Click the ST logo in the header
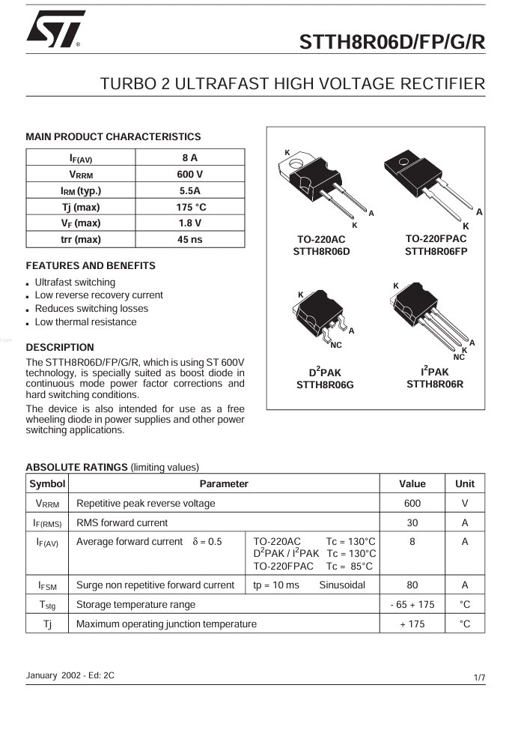tap(54, 29)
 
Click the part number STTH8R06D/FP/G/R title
tap(392, 43)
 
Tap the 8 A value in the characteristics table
tap(189, 158)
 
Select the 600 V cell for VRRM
tap(189, 174)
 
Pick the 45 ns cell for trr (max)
tap(189, 240)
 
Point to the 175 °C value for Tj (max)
tap(189, 207)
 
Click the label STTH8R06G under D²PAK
tap(325, 385)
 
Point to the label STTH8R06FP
tap(436, 251)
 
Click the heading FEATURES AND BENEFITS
tap(91, 266)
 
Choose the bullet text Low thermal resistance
tap(85, 322)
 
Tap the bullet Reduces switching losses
tap(91, 309)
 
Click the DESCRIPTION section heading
tap(60, 348)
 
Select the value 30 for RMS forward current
tap(412, 522)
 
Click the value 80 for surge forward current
tap(412, 585)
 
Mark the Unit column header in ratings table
tap(464, 484)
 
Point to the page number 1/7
tap(479, 678)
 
